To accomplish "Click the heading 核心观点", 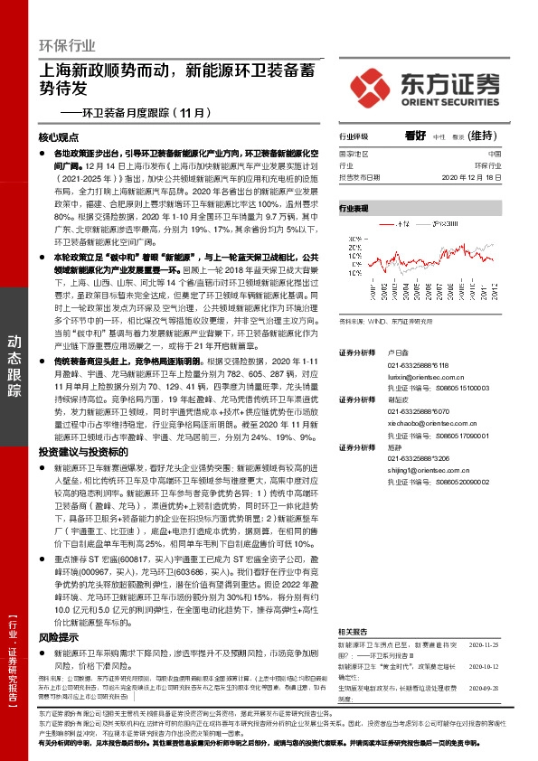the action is coord(60,138).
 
